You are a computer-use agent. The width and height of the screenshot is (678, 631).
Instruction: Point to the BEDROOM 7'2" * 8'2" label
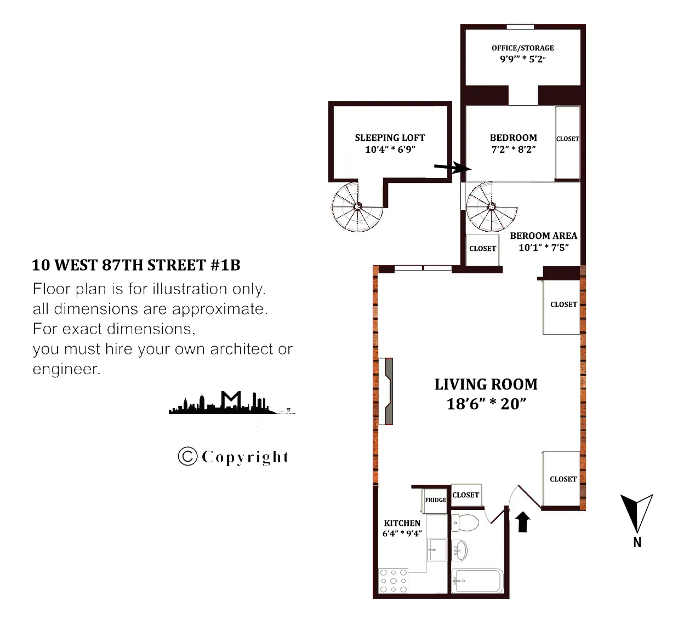click(x=513, y=144)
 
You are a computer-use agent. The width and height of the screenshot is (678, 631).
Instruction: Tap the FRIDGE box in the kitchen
click(x=435, y=500)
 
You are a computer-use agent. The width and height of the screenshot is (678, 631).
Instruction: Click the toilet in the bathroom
click(x=465, y=523)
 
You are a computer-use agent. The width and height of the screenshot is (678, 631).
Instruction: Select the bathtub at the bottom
click(x=477, y=581)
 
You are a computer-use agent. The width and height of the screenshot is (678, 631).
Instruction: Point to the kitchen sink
click(x=437, y=550)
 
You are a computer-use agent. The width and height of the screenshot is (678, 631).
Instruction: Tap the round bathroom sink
click(x=461, y=550)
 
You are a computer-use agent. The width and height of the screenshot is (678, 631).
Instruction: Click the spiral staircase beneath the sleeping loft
click(x=357, y=207)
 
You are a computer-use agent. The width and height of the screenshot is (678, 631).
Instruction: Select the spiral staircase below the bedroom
click(x=491, y=207)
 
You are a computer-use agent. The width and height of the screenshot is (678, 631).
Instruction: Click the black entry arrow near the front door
click(x=523, y=521)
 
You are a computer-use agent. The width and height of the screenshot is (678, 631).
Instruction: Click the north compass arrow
click(x=636, y=513)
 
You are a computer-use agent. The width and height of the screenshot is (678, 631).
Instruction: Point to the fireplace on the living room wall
click(x=387, y=391)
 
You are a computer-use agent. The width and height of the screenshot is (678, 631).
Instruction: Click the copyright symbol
click(x=187, y=456)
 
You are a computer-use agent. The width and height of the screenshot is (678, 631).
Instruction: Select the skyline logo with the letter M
click(x=231, y=403)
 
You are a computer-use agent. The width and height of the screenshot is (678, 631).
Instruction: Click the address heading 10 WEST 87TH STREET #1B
click(x=136, y=265)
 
